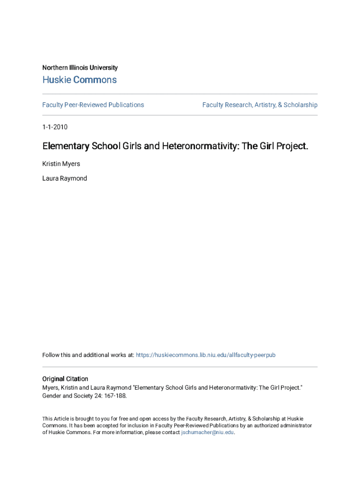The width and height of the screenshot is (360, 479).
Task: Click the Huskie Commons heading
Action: (x=79, y=80)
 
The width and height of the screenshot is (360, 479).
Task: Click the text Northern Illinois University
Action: (x=80, y=68)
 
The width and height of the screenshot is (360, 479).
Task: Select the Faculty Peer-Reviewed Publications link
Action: (x=93, y=105)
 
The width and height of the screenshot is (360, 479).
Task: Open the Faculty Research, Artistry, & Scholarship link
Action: (x=259, y=105)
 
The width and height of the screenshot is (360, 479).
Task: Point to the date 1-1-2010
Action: (x=55, y=127)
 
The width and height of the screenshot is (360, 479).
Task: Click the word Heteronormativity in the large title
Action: (x=201, y=146)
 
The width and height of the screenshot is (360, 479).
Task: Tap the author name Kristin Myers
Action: (x=61, y=164)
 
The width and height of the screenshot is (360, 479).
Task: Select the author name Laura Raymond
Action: (x=65, y=178)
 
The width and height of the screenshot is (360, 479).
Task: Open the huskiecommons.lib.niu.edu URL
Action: (x=205, y=355)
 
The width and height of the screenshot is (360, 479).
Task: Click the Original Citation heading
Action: (x=65, y=379)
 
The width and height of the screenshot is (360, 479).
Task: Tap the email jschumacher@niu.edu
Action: (x=207, y=433)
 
